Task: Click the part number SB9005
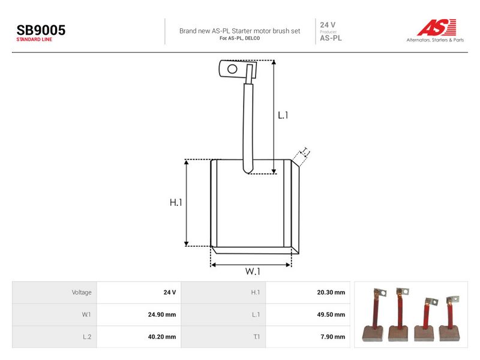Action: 41,30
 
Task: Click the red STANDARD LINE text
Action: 34,40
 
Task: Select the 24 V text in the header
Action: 328,25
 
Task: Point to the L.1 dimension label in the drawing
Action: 283,115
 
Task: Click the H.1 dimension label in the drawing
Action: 176,202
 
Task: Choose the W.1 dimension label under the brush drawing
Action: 253,271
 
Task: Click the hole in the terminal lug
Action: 232,69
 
